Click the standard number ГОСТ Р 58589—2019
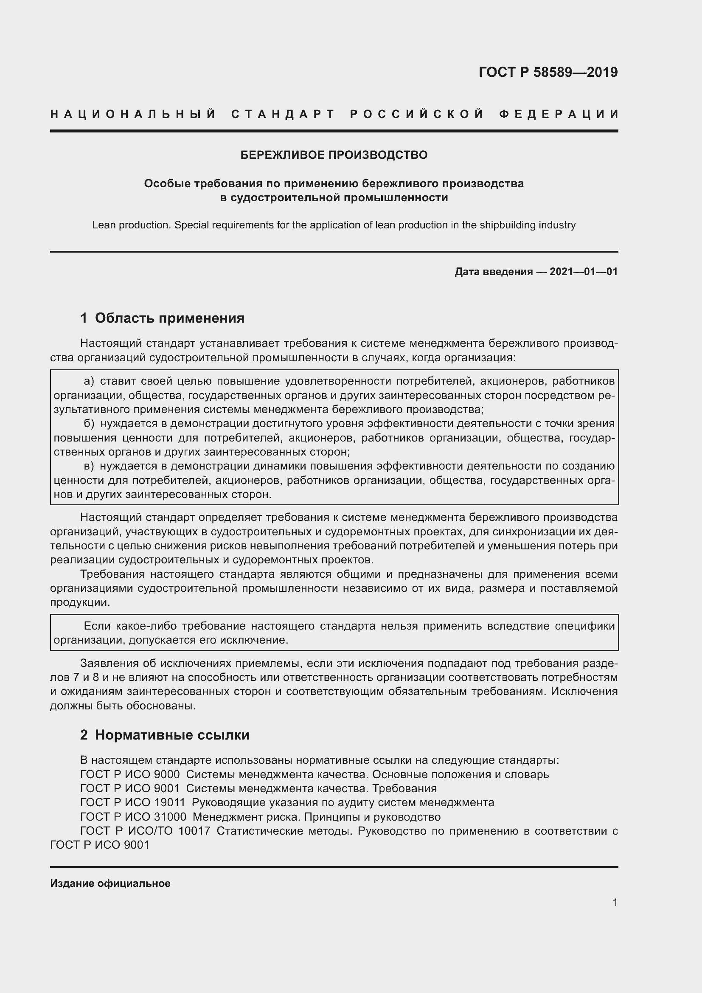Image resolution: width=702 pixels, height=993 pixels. click(x=548, y=72)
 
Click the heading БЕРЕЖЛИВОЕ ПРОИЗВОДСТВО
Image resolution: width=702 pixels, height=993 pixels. click(x=334, y=155)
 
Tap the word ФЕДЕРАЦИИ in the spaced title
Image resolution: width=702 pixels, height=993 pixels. click(x=559, y=114)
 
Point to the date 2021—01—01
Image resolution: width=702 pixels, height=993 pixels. click(x=583, y=272)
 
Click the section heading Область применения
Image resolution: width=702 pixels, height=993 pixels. click(x=169, y=318)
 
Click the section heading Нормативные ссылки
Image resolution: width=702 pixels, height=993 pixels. click(x=172, y=735)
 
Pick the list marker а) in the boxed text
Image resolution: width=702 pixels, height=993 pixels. click(x=89, y=381)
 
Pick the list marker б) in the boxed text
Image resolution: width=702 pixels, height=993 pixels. click(x=89, y=423)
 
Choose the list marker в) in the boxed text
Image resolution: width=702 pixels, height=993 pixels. click(x=89, y=466)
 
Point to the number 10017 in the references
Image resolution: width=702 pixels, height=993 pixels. click(x=194, y=831)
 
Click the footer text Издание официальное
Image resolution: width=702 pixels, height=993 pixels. click(x=110, y=883)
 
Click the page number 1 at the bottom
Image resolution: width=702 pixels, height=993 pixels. click(x=615, y=902)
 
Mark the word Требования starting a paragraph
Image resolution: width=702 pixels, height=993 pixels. click(x=112, y=574)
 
